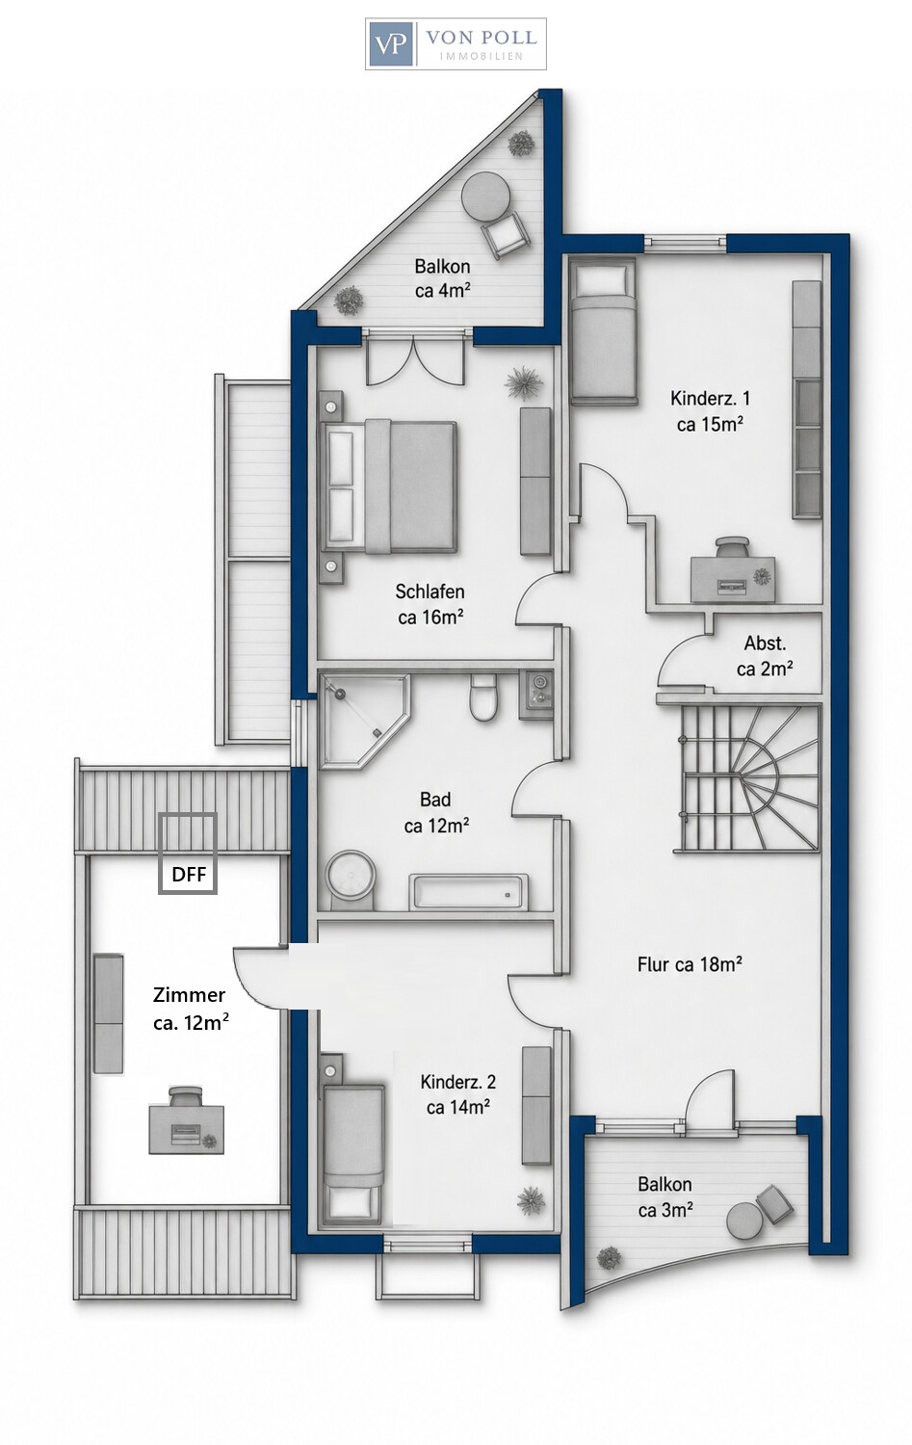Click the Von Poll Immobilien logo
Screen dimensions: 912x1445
click(456, 44)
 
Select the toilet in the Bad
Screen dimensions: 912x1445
click(482, 697)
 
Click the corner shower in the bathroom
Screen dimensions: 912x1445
click(364, 721)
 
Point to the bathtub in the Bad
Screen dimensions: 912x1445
click(468, 891)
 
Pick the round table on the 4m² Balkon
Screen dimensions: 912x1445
click(486, 197)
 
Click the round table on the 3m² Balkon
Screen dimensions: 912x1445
click(746, 1222)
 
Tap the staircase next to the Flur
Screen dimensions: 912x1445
click(747, 778)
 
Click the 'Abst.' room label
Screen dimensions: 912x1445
click(765, 644)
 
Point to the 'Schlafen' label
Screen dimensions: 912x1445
click(430, 591)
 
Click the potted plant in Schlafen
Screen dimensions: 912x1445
click(524, 384)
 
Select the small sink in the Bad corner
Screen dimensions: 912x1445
click(536, 695)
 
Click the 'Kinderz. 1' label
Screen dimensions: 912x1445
click(710, 398)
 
